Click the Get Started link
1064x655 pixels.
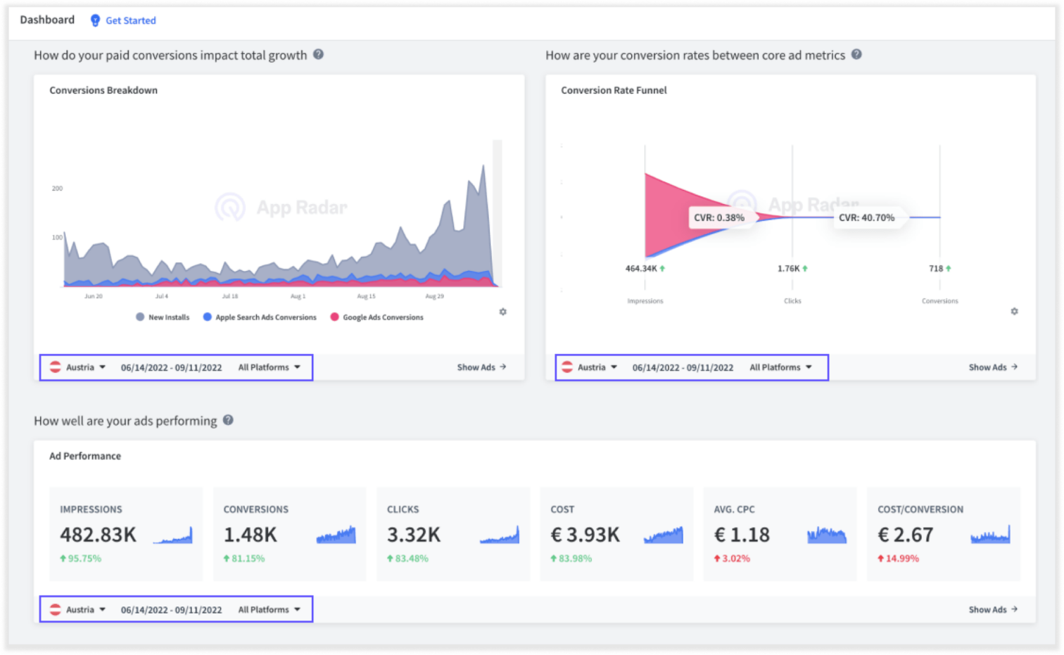point(130,20)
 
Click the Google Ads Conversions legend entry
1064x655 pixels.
point(382,317)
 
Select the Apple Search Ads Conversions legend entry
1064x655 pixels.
point(265,317)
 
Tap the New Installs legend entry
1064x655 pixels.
point(168,317)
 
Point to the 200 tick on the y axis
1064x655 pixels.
point(57,189)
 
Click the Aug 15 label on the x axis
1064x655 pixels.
point(366,296)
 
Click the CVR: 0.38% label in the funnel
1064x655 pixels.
point(718,217)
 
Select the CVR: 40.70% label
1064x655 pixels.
point(866,217)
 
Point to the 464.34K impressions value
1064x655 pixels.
point(641,269)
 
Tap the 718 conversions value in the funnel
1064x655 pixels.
point(936,269)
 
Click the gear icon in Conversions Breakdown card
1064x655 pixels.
point(502,312)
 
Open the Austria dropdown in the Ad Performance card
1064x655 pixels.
point(79,609)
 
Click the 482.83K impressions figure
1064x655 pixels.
point(98,535)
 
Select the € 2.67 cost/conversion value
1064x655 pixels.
point(905,535)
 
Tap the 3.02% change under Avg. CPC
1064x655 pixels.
point(735,559)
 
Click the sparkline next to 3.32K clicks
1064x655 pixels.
point(500,535)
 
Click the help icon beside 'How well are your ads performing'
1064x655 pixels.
point(228,420)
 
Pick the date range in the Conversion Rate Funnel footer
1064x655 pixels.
point(682,367)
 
